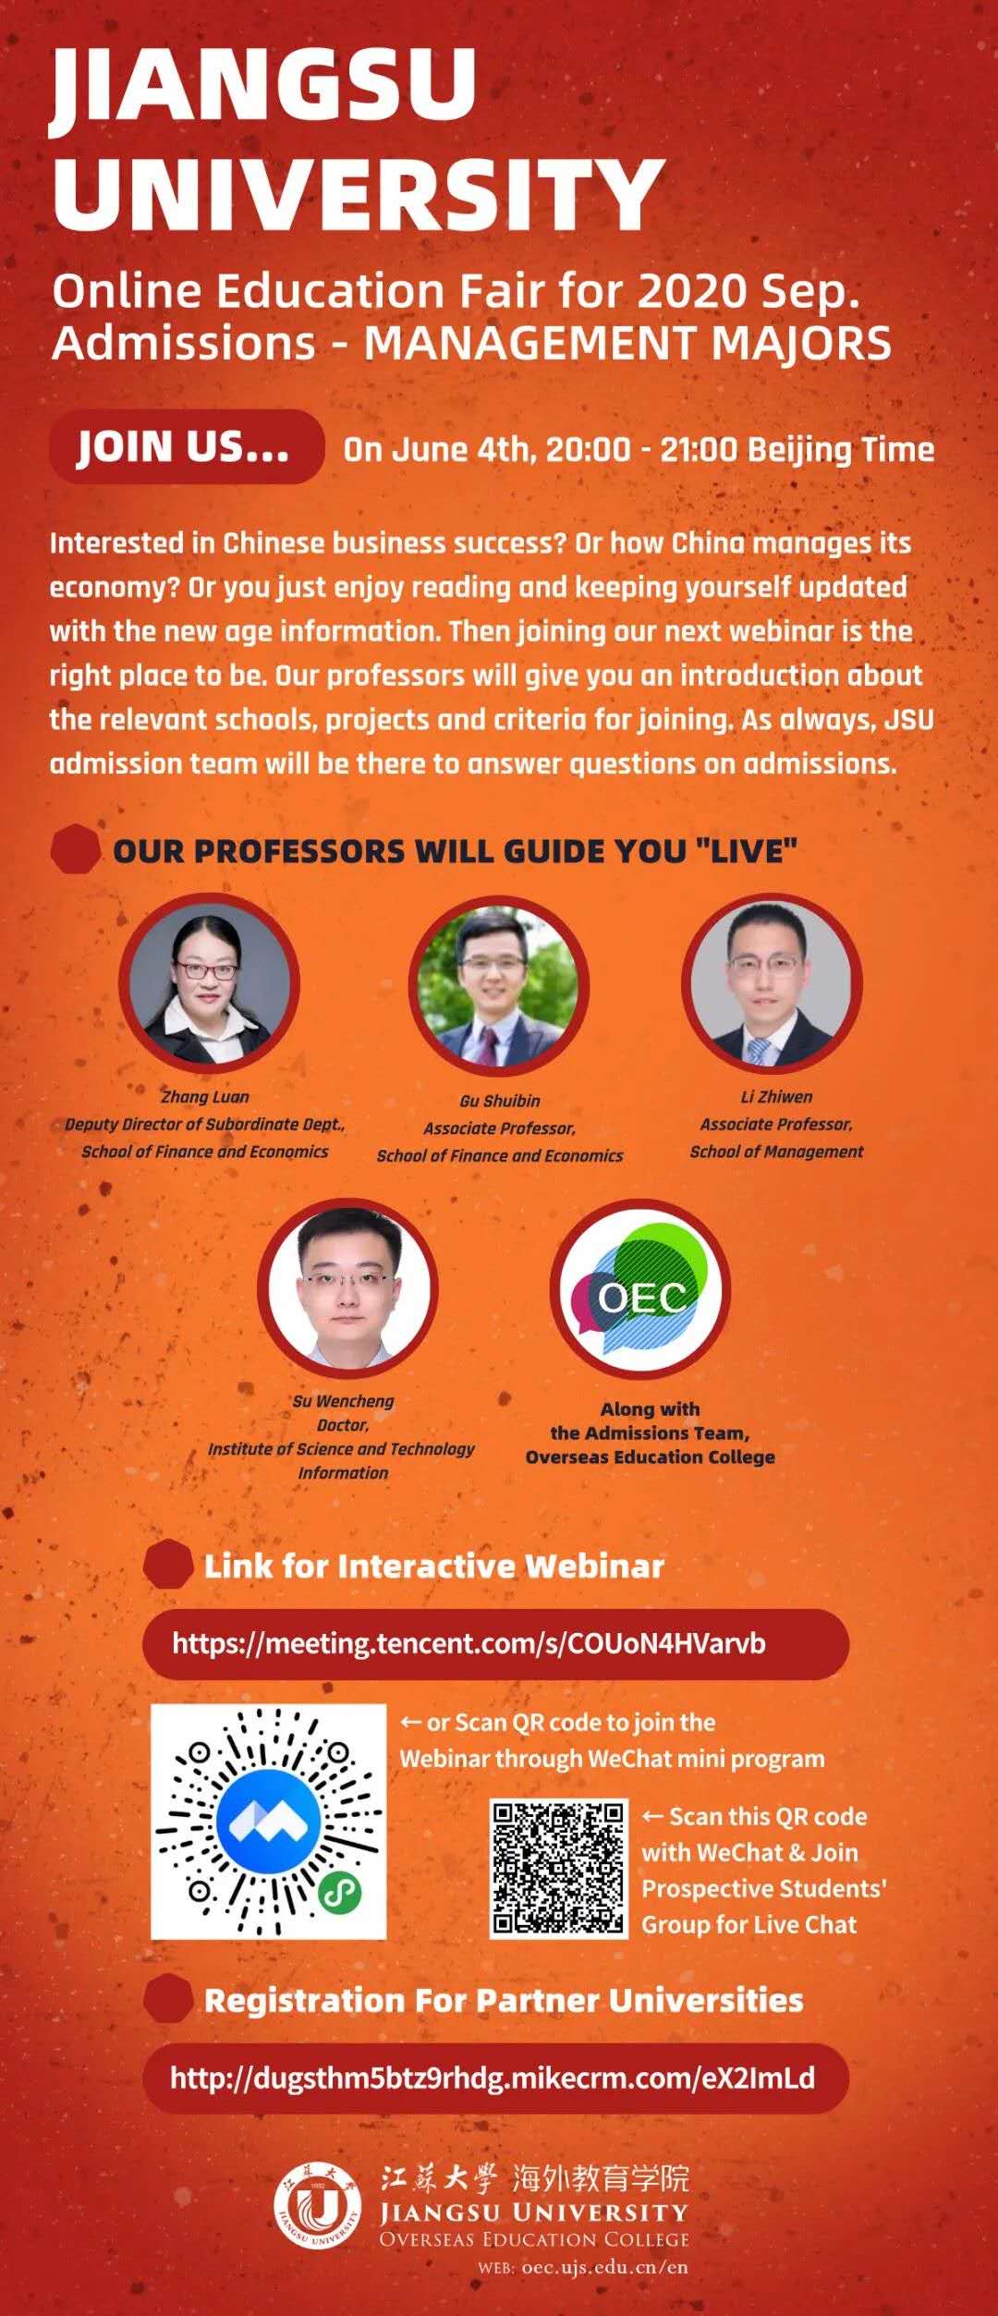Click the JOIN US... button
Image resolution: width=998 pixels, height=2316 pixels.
click(187, 447)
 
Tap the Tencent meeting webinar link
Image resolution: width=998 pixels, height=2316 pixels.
click(469, 1643)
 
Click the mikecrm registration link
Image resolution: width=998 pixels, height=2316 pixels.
click(493, 2078)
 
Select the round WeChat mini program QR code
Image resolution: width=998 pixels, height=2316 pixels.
click(268, 1822)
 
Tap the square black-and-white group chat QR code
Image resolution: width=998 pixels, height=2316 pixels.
click(558, 1868)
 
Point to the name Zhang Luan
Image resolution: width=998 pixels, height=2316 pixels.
click(205, 1097)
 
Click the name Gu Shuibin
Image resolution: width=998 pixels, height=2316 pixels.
click(499, 1101)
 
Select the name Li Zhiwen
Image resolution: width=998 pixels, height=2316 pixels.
click(776, 1097)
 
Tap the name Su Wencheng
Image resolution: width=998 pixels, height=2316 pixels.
click(343, 1401)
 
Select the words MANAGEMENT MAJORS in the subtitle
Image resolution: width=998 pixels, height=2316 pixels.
click(628, 343)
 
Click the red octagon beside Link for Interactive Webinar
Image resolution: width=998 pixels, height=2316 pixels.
click(168, 1565)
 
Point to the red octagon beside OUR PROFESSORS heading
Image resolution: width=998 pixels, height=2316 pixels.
click(76, 849)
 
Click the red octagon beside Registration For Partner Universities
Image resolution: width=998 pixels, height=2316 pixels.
click(168, 1999)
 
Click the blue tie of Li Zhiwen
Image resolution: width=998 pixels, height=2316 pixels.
click(758, 1051)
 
